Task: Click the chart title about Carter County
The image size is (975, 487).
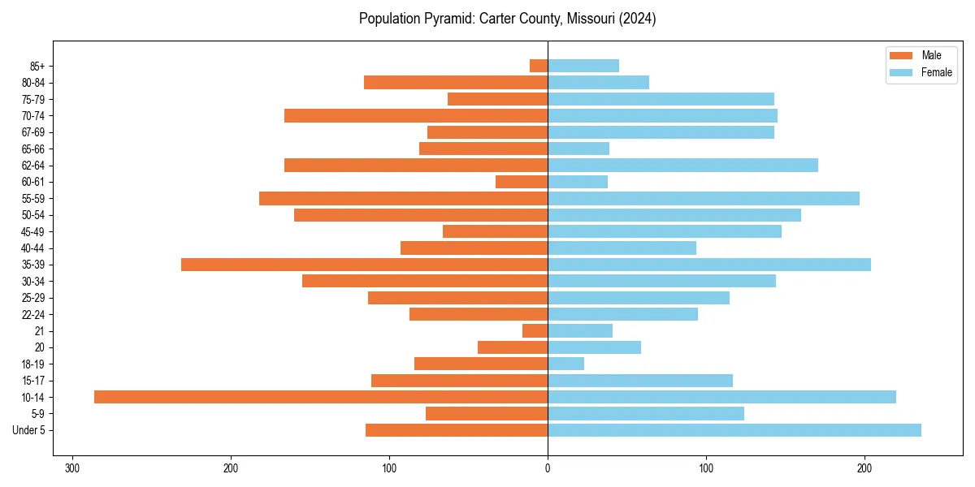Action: [507, 19]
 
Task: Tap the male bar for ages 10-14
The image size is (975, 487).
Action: [321, 397]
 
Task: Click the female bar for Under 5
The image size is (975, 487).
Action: [734, 430]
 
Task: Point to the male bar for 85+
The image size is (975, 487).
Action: [539, 66]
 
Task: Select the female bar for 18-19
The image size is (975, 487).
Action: [566, 364]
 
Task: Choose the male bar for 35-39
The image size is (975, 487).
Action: [364, 265]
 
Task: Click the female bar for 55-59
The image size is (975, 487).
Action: [704, 198]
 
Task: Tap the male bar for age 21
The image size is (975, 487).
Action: [535, 330]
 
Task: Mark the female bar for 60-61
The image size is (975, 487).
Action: [578, 182]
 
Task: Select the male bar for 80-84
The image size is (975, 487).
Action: [456, 82]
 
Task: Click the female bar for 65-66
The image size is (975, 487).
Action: [578, 149]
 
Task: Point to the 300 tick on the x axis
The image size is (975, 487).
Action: [72, 468]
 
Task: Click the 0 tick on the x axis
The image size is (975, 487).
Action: [548, 468]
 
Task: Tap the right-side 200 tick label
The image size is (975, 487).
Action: [864, 468]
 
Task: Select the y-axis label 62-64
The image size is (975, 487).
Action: [33, 166]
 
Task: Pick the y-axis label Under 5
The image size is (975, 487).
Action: [28, 430]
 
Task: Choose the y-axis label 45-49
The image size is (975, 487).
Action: [33, 231]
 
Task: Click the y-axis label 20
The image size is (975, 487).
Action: [40, 347]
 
